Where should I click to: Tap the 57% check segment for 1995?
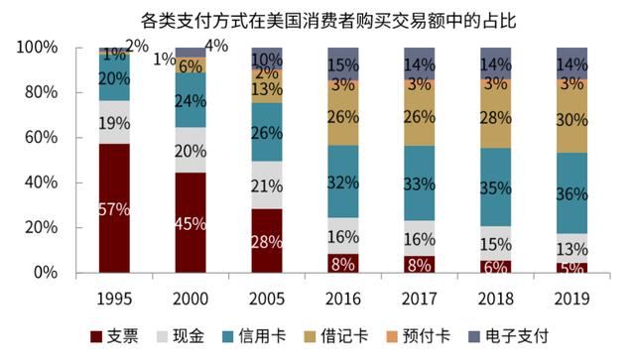coord(114,208)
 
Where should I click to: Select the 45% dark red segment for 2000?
coord(190,222)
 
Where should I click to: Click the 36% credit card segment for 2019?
coord(571,194)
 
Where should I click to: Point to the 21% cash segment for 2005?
coord(267,185)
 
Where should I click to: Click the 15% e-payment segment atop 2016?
coord(343,64)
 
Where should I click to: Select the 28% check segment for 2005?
coord(267,241)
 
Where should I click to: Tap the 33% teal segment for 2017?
coord(420,183)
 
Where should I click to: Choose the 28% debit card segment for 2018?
coord(496,116)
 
